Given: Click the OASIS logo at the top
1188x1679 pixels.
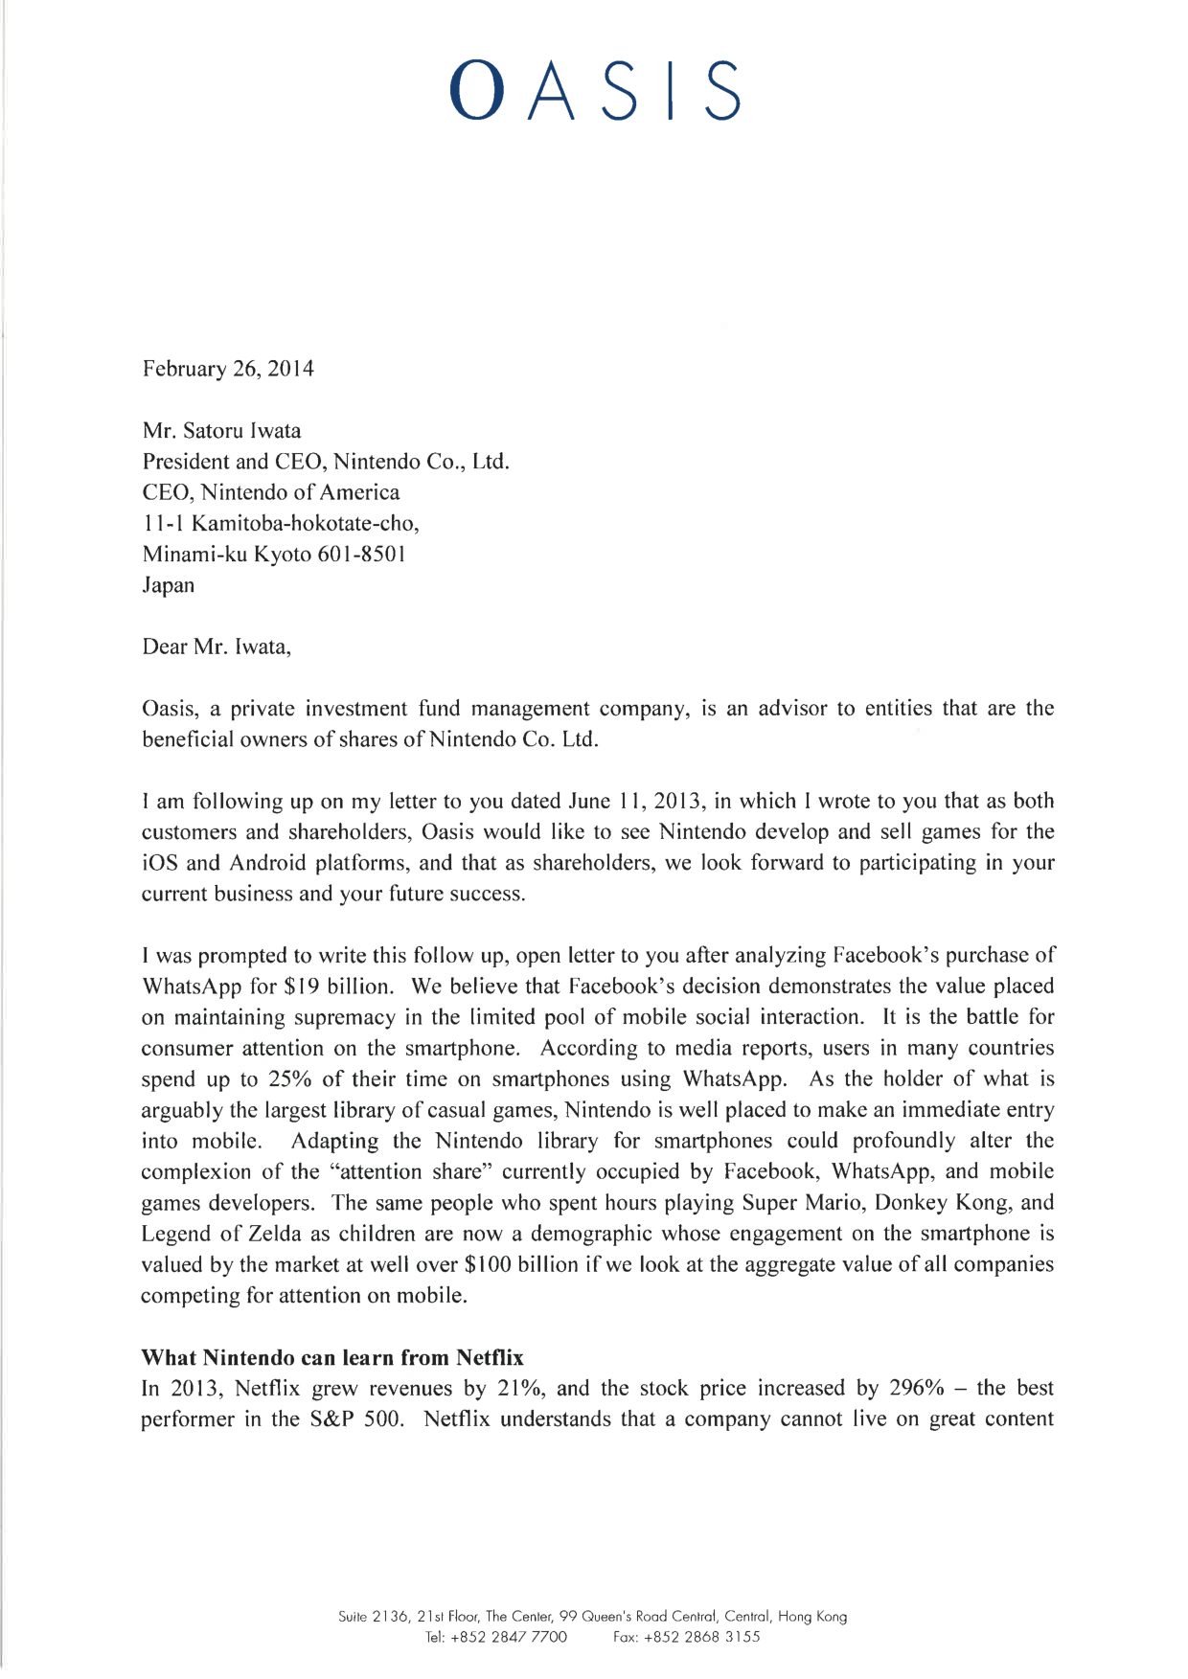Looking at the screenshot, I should tap(595, 90).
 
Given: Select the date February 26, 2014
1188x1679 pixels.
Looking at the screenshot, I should tap(228, 369).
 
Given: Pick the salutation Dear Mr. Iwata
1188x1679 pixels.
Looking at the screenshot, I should tap(216, 647).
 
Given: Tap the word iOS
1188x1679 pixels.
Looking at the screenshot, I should tap(159, 863).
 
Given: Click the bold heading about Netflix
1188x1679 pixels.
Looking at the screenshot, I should tap(332, 1358).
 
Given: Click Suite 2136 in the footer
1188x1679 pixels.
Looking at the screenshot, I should tap(375, 1617).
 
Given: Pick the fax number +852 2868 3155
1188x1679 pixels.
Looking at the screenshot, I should tap(702, 1637).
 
